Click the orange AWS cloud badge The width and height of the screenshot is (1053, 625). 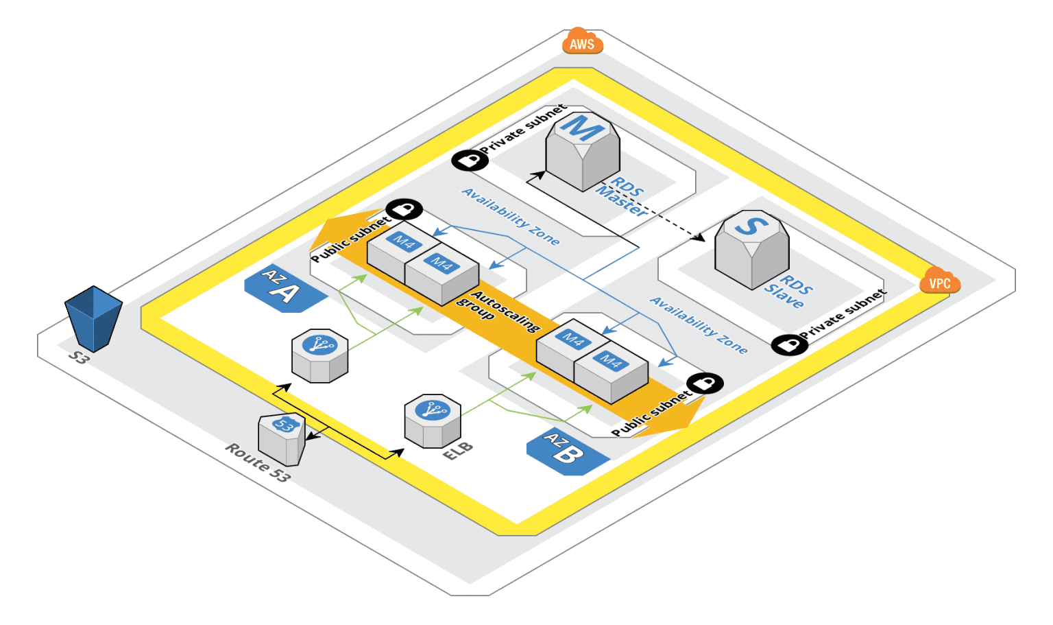point(582,43)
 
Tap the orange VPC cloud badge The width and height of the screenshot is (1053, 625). point(939,282)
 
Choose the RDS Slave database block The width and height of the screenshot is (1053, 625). point(751,248)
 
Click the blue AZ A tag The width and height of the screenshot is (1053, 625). point(282,288)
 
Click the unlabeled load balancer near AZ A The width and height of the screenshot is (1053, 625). point(319,355)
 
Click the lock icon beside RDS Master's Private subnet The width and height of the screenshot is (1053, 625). point(470,161)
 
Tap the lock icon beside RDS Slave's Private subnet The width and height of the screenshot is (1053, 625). point(789,344)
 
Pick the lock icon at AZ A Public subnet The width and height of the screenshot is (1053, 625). point(404,209)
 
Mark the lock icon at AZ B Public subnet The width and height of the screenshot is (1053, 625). point(705,383)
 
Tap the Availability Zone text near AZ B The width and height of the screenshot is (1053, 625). point(698,325)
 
